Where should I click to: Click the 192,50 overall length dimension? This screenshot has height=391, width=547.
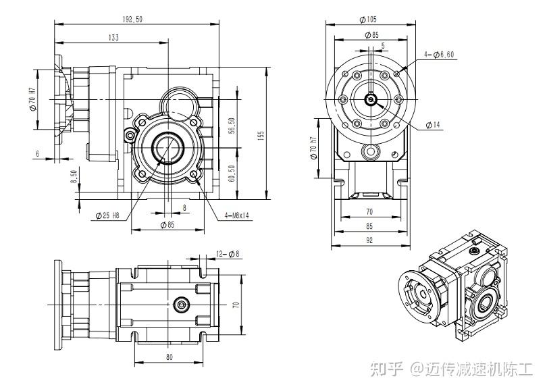click(134, 19)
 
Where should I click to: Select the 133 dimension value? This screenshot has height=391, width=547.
click(112, 38)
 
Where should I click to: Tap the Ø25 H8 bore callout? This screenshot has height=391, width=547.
click(107, 216)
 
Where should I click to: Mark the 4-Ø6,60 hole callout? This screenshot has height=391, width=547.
click(439, 54)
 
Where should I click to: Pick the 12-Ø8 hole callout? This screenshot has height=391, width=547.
click(228, 254)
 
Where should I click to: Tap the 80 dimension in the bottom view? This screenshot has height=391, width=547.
click(168, 356)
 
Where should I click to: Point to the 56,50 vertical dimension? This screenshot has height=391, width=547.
click(230, 126)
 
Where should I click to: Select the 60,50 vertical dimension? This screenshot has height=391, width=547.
click(230, 173)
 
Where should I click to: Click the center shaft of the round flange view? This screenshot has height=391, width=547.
click(371, 100)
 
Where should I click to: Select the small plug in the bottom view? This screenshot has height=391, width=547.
click(180, 305)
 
